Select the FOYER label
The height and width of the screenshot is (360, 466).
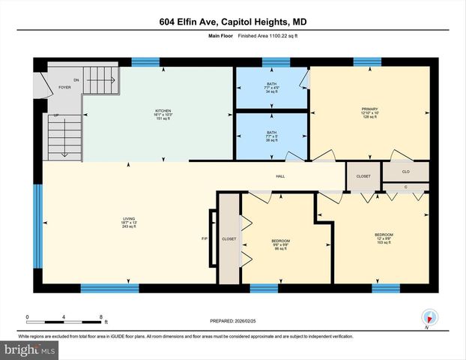65,88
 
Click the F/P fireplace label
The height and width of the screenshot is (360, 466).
205,239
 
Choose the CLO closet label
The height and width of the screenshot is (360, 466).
405,171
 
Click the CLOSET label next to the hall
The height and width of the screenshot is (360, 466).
363,177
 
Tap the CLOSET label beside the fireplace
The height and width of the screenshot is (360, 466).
229,238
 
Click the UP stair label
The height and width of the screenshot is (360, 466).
55,115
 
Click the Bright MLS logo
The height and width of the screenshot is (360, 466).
30,350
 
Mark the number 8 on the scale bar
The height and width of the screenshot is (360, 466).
100,317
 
